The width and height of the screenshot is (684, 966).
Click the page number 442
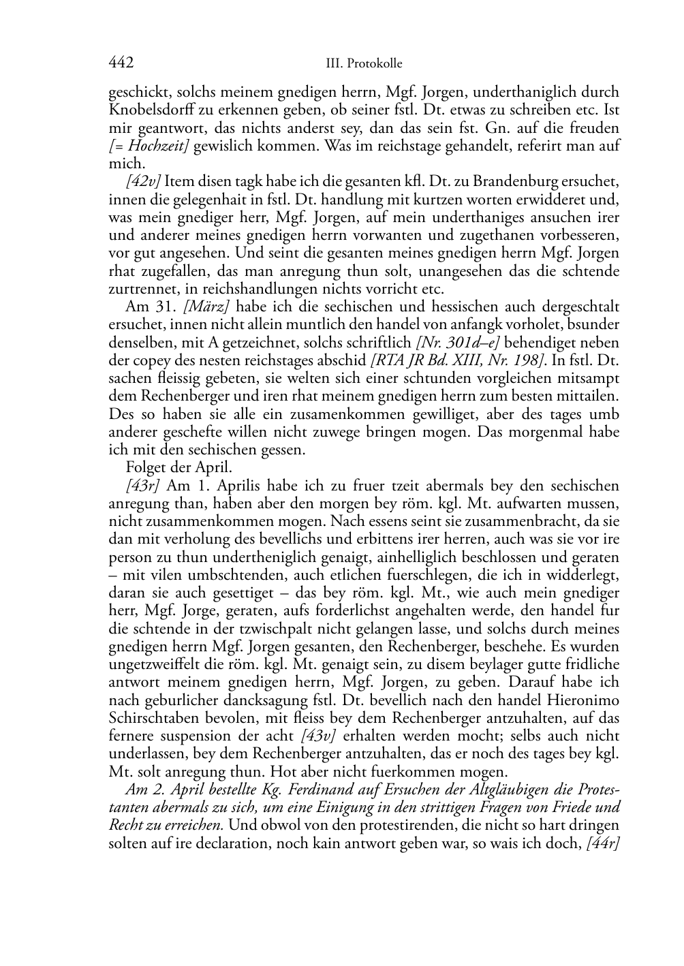[121, 63]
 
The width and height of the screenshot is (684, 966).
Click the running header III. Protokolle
[364, 64]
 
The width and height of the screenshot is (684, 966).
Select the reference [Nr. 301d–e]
[453, 343]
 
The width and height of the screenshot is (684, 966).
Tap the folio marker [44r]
[602, 843]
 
